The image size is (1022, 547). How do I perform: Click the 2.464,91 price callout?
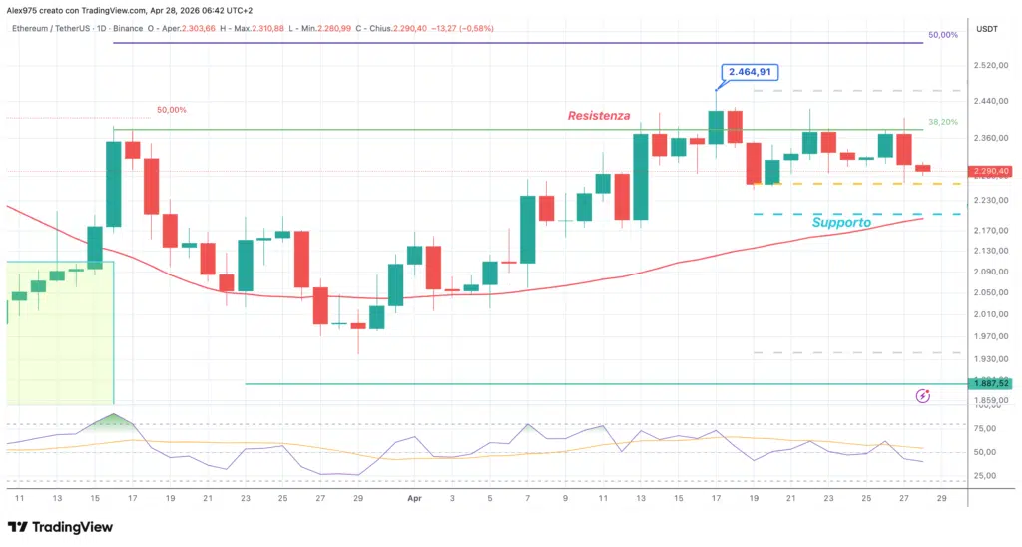pos(749,72)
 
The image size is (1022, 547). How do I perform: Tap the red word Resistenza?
pos(599,116)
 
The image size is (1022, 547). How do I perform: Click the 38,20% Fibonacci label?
pos(943,122)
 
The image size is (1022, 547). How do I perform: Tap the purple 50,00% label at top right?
pos(943,35)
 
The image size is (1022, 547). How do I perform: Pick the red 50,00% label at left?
pos(171,110)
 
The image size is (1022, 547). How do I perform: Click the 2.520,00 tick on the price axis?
pos(991,65)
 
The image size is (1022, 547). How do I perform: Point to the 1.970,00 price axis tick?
pos(991,336)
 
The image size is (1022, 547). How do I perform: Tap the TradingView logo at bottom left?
pos(60,527)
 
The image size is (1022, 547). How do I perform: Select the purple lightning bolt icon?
pos(923,396)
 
